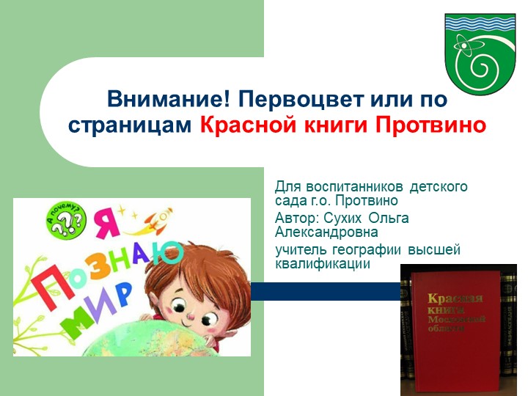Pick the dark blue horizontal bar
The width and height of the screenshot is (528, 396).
326,291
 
